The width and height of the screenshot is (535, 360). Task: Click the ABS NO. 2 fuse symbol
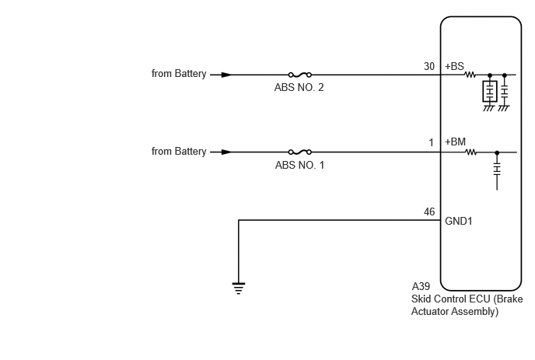(300, 75)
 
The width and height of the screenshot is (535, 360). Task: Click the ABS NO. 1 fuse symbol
(300, 152)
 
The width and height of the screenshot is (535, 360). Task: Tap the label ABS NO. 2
(299, 88)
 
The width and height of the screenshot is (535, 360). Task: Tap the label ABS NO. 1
(299, 165)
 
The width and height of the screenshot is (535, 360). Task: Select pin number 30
(429, 66)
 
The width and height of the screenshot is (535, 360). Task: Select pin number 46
(429, 212)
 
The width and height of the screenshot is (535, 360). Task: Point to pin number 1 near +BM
(432, 142)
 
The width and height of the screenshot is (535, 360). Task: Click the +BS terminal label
(454, 66)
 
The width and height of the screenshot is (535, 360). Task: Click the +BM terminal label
(455, 142)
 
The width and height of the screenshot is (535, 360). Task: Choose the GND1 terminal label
(459, 221)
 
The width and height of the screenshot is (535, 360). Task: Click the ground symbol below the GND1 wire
(239, 288)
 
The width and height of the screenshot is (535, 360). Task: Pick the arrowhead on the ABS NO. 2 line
(226, 75)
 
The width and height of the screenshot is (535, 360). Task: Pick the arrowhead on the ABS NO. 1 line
(226, 152)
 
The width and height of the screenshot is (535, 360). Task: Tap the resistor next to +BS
(470, 75)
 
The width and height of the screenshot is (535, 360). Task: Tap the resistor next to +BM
(471, 152)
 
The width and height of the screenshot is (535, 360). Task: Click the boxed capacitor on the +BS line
(490, 92)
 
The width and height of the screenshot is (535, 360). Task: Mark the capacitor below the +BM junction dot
(497, 169)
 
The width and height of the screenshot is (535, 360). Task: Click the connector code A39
(421, 286)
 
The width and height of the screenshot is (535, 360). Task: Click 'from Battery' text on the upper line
(179, 74)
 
